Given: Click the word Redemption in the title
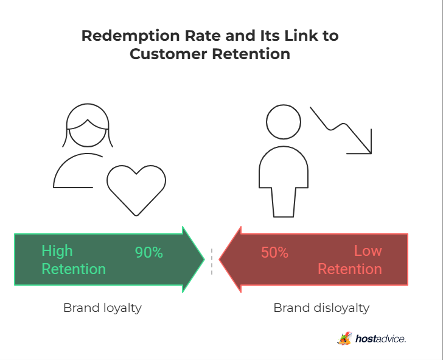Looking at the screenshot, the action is [130, 36].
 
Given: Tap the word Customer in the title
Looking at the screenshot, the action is [169, 54].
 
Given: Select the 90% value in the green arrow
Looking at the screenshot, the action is [149, 252].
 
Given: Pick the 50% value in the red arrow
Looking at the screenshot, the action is [274, 252].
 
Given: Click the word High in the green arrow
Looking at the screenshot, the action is [57, 251].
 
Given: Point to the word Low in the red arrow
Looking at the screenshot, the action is [368, 250].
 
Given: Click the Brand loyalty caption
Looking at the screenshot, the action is [102, 308].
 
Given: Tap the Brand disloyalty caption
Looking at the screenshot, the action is [321, 308].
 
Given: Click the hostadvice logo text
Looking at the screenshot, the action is [380, 339].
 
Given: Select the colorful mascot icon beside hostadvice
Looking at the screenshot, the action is [344, 338].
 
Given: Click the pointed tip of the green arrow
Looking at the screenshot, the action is [204, 259].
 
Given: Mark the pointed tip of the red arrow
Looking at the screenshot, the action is [219, 259].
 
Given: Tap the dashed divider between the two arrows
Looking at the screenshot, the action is [212, 261].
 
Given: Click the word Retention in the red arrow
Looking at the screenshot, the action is [350, 269].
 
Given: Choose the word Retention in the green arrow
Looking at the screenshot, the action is [74, 269].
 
